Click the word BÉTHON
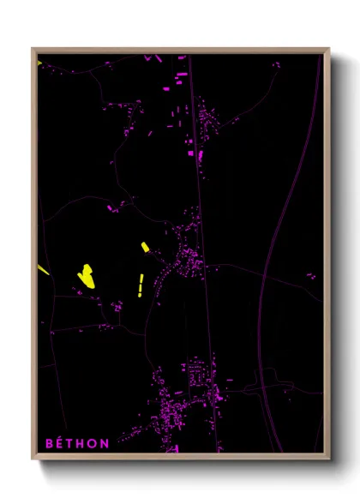click(77, 443)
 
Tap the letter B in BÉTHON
click(49, 443)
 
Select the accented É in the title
click(60, 443)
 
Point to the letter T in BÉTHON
click(71, 443)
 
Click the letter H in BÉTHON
click(82, 443)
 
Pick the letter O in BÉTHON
click(93, 443)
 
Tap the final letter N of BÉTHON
click(105, 443)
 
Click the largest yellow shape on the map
click(86, 274)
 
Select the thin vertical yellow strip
click(140, 285)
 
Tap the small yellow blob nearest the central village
click(146, 247)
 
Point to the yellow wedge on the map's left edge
click(42, 270)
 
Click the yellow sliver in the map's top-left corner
click(39, 62)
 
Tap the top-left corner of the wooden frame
click(33, 49)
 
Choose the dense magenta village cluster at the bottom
click(184, 403)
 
